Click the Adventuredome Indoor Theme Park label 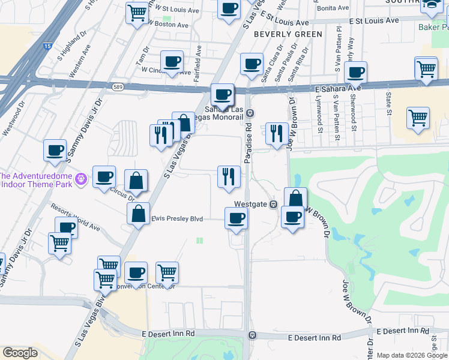pos(35,180)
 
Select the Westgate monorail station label pos(250,205)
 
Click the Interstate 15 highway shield pos(48,46)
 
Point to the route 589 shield pos(118,86)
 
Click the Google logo pos(20,353)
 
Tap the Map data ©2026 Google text pos(412,355)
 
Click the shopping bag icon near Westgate pos(295,199)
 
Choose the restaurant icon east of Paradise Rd pos(276,133)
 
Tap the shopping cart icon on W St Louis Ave pos(137,12)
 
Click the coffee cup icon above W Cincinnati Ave pos(172,62)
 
